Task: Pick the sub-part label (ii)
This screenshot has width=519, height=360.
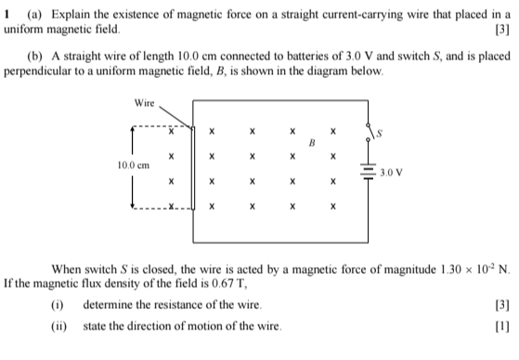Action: (59, 326)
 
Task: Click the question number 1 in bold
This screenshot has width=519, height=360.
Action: (7, 14)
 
